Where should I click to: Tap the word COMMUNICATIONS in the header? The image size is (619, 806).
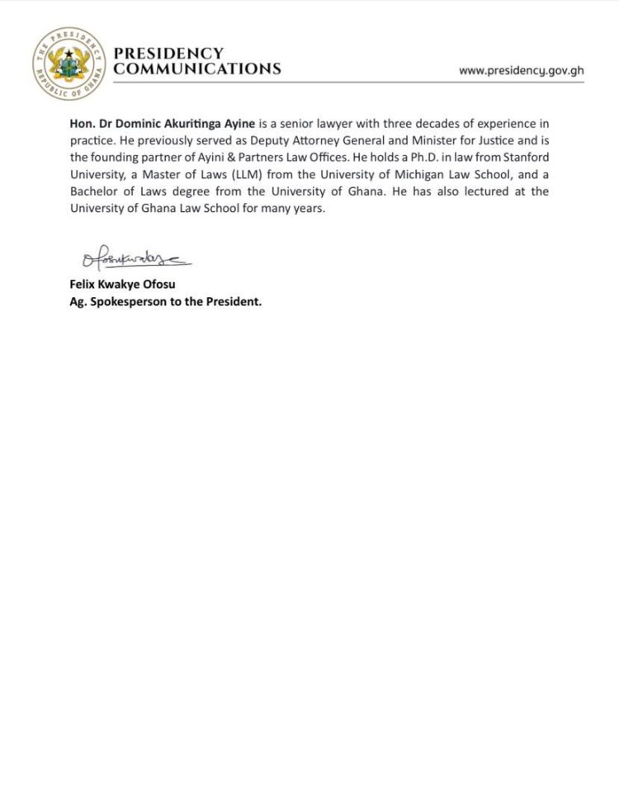[x=196, y=69]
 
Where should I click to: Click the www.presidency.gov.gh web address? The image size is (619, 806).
[x=521, y=70]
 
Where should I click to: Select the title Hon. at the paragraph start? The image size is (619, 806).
[x=83, y=125]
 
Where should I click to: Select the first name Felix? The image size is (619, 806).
[x=84, y=285]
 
